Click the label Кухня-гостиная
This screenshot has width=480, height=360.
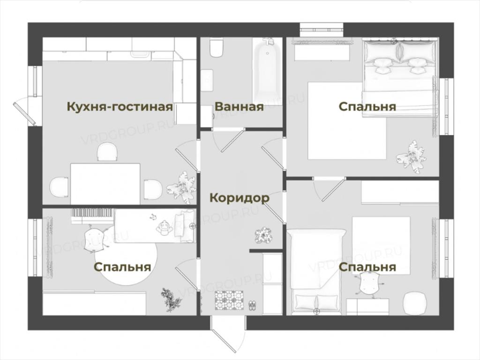[x=120, y=107]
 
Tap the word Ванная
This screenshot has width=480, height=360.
[x=239, y=107]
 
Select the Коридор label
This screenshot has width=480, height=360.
[x=240, y=198]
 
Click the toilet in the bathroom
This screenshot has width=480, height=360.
[x=217, y=47]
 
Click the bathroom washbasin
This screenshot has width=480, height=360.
[x=207, y=80]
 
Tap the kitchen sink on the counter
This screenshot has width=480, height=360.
[x=141, y=52]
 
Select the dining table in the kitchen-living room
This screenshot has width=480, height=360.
[x=105, y=184]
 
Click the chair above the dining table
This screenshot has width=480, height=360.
[x=107, y=152]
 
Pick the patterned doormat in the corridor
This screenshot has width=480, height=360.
[x=230, y=300]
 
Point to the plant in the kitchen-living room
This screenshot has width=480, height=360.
[x=181, y=187]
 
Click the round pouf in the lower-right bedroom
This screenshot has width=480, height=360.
[x=414, y=303]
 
